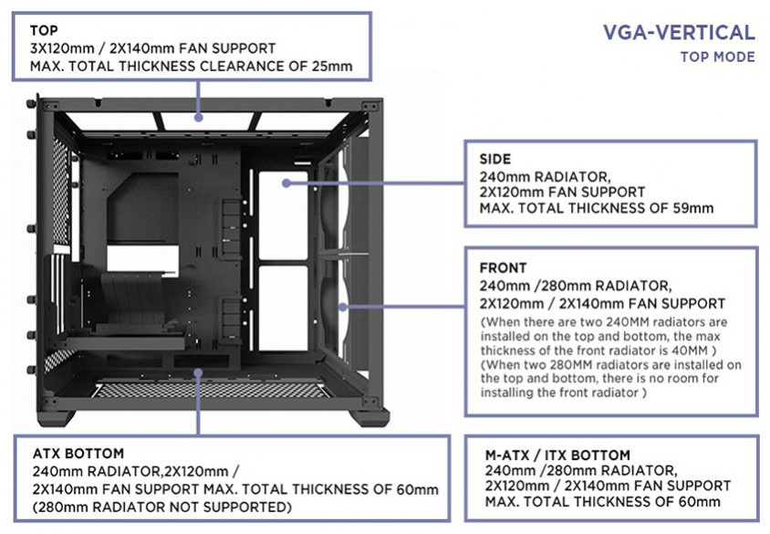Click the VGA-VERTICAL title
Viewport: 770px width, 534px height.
(x=679, y=34)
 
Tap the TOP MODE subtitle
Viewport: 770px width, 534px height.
(x=717, y=58)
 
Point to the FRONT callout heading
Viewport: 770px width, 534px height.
(x=503, y=268)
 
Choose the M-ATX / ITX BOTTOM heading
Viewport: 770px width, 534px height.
(x=558, y=455)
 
